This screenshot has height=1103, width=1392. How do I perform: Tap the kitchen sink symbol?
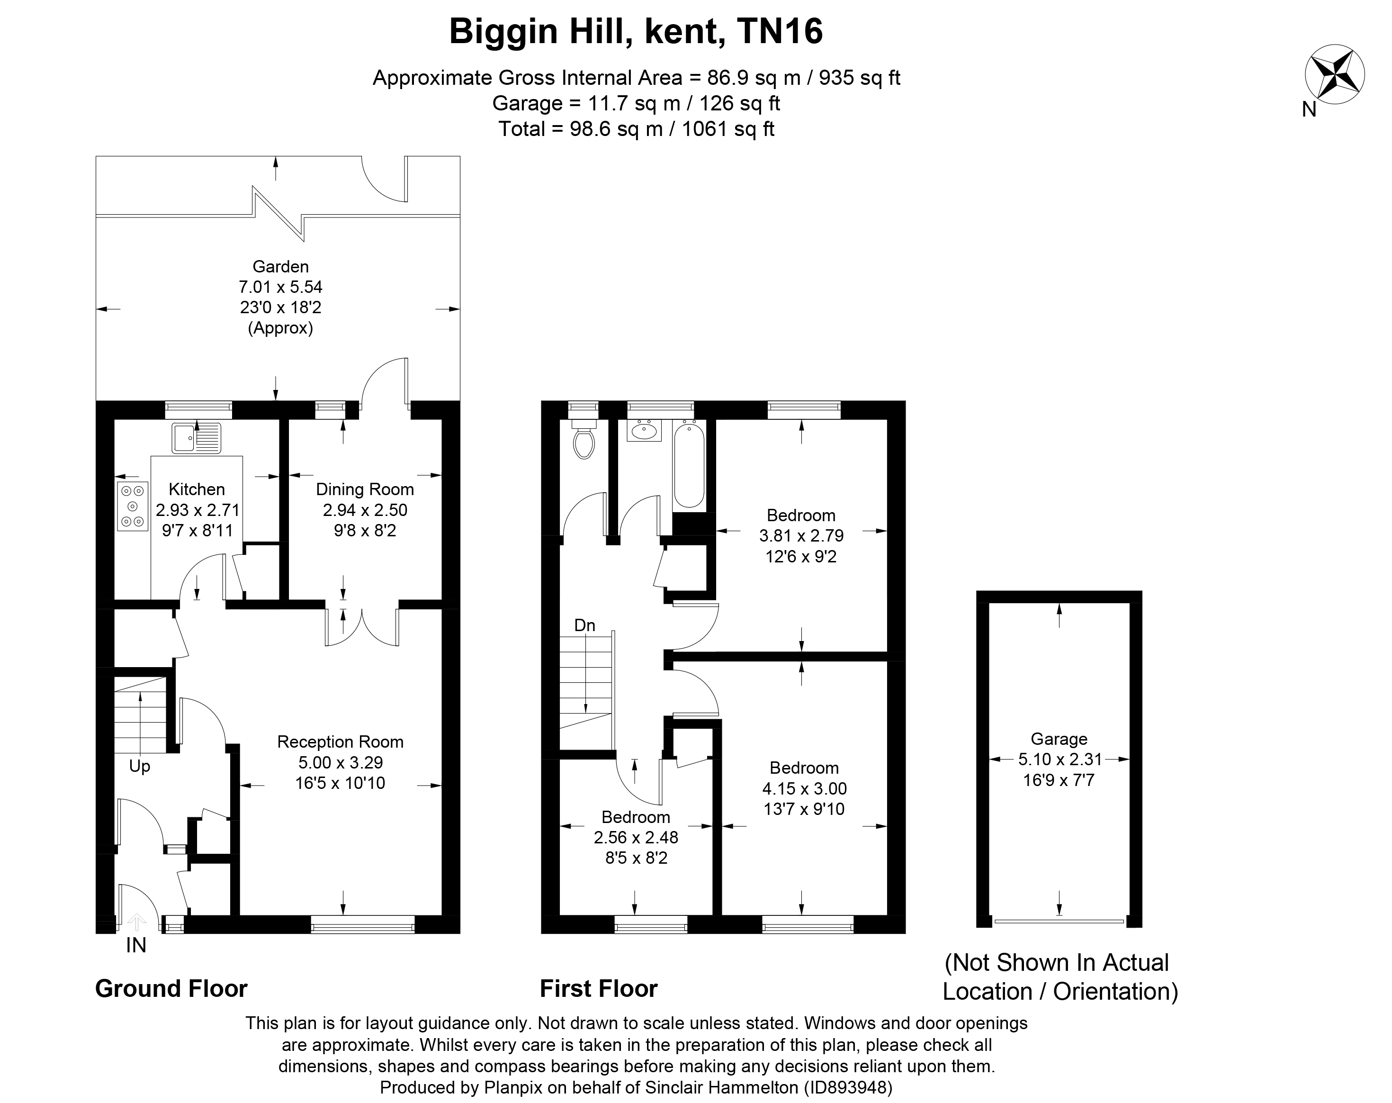tap(196, 438)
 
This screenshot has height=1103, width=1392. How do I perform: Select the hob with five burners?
tap(132, 507)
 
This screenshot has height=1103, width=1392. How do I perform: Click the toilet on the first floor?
tap(584, 442)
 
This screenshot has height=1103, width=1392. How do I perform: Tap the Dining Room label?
tap(365, 489)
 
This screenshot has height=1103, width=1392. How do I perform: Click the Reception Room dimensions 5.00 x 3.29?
tap(340, 763)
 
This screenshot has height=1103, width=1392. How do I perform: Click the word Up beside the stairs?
tap(139, 767)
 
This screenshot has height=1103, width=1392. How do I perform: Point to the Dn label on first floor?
tap(584, 625)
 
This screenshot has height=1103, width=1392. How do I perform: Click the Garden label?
tap(280, 267)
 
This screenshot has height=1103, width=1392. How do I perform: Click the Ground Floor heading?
tap(171, 989)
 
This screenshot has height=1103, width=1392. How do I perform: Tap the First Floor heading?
tap(599, 989)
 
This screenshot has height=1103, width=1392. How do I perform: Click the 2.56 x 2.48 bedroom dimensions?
tap(636, 838)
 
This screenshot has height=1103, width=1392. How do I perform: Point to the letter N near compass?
tap(1309, 110)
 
